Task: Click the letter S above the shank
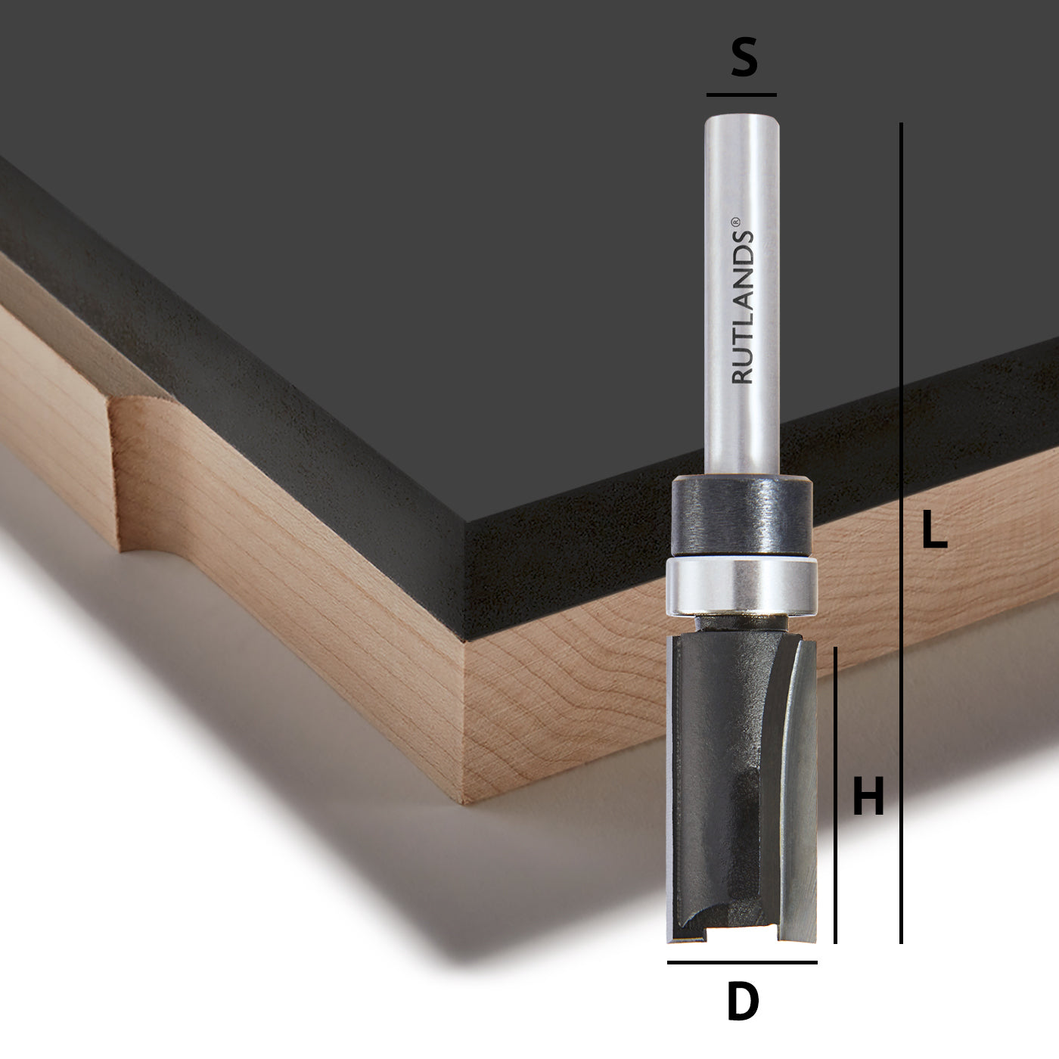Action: (744, 57)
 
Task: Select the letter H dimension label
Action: (868, 795)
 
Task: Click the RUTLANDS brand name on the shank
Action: (741, 307)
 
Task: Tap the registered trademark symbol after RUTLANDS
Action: (735, 222)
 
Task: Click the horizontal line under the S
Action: (741, 95)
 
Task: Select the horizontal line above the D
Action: (742, 962)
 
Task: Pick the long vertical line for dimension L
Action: (901, 533)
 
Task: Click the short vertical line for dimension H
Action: (835, 795)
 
